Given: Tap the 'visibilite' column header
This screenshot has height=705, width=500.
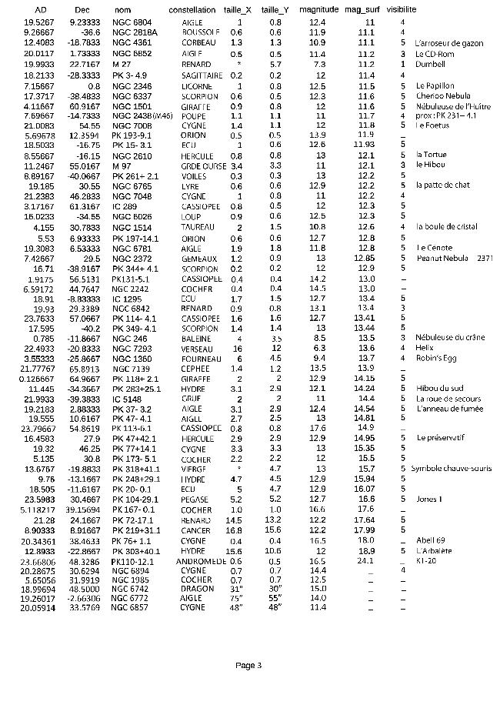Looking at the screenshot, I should [402, 10].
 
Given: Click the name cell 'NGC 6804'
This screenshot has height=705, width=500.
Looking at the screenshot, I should [132, 23].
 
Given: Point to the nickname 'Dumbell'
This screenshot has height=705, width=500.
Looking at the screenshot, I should [429, 65].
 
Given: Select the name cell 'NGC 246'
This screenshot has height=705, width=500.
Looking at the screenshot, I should [129, 338].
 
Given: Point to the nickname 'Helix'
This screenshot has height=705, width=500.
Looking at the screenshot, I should [425, 348].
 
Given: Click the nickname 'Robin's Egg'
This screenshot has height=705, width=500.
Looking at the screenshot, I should [433, 358].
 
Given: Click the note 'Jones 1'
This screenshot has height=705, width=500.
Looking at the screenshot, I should [429, 500].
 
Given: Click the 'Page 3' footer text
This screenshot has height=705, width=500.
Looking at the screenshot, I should [248, 665].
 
